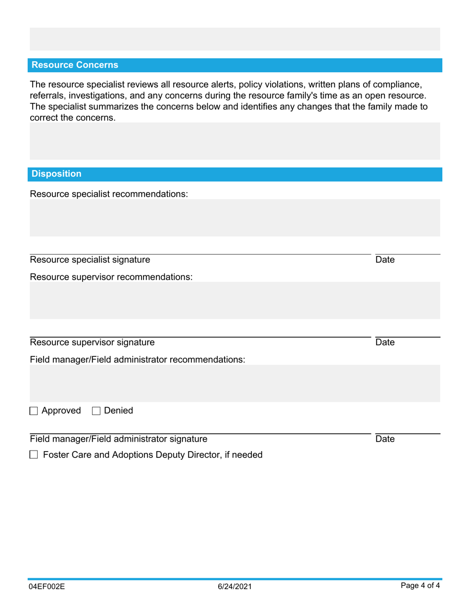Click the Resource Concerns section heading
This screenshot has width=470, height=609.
point(75,65)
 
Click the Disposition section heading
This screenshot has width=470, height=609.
point(56,174)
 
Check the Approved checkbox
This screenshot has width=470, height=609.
point(34,410)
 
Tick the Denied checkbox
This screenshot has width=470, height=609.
point(96,410)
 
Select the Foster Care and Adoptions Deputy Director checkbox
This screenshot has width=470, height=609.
point(34,455)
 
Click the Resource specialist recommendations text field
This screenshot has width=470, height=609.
point(235,217)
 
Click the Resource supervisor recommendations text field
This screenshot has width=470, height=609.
point(235,300)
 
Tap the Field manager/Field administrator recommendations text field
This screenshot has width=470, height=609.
point(235,383)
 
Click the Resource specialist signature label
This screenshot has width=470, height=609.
point(90,259)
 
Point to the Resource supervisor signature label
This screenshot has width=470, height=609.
point(92,342)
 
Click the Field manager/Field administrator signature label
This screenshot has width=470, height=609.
point(119,439)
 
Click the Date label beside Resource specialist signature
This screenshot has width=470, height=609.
point(385,259)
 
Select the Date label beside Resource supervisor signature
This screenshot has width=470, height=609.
point(385,342)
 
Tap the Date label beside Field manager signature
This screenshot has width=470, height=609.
point(385,439)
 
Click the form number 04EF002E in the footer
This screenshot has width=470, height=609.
point(47,587)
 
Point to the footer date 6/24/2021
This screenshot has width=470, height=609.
point(235,587)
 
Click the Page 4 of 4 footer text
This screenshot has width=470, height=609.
point(420,586)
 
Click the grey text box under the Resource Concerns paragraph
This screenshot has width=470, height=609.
point(235,141)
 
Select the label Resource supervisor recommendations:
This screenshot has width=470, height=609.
point(111,277)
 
